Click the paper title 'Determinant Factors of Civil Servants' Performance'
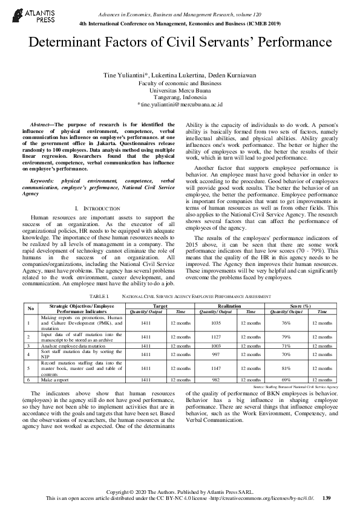point(180,43)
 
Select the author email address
point(180,104)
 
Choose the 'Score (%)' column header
point(300,307)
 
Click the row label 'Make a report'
point(55,379)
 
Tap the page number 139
point(327,498)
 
